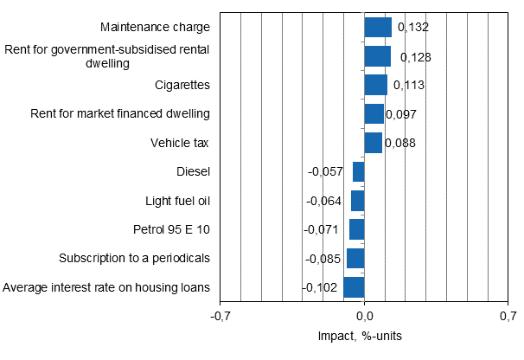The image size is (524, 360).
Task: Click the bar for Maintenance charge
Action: [378, 27]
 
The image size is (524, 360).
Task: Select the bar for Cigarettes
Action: [375, 85]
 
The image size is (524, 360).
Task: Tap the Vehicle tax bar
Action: [373, 143]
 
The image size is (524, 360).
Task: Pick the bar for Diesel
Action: [358, 171]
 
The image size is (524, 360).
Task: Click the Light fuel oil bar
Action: [357, 201]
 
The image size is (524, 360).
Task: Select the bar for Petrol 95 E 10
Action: [356, 230]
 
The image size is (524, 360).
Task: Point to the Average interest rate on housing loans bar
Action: [354, 288]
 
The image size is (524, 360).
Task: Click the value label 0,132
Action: [412, 28]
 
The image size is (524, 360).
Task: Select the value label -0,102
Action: [320, 288]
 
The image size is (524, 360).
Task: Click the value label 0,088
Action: [399, 144]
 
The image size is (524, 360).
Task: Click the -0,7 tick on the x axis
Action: [221, 317]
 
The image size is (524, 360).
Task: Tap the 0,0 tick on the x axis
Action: [364, 317]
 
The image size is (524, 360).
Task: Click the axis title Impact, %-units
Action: [364, 336]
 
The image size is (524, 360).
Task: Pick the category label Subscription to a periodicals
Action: [134, 259]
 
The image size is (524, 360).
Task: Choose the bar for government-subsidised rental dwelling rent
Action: [377, 56]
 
